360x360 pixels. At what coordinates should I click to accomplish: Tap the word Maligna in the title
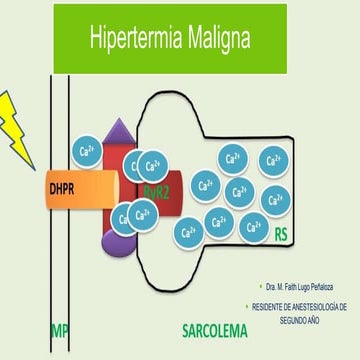pos(214,40)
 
